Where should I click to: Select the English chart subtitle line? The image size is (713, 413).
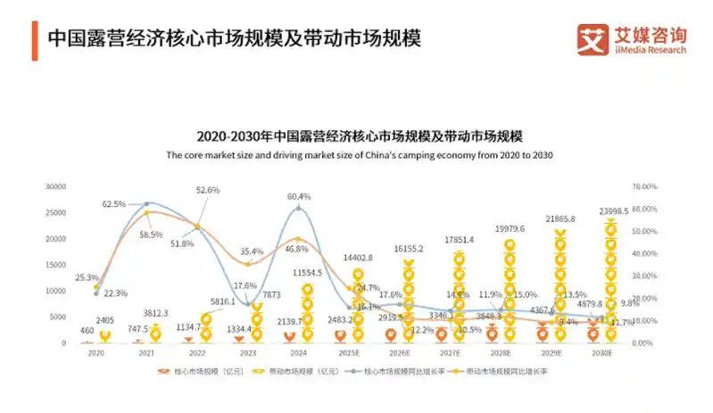pyautogui.click(x=360, y=155)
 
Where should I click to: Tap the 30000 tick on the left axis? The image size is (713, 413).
pyautogui.click(x=56, y=186)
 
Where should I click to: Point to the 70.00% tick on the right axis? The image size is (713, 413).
pyautogui.click(x=644, y=186)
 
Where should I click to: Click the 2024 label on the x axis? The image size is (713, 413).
pyautogui.click(x=299, y=352)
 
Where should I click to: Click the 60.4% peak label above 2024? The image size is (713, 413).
pyautogui.click(x=299, y=196)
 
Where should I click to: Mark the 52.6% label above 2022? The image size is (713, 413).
pyautogui.click(x=207, y=190)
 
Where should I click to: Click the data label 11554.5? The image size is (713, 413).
pyautogui.click(x=307, y=271)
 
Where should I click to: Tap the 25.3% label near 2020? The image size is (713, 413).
pyautogui.click(x=87, y=277)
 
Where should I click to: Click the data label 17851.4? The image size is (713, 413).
pyautogui.click(x=457, y=240)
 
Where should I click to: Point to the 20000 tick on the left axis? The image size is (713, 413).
pyautogui.click(x=56, y=238)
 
